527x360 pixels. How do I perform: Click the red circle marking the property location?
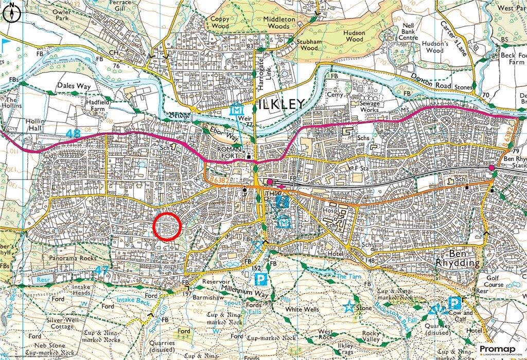pyautogui.click(x=167, y=226)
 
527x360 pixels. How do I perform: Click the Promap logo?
pyautogui.click(x=501, y=349)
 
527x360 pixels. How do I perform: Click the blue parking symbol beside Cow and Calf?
pyautogui.click(x=454, y=303)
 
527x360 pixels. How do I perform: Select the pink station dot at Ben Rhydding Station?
pyautogui.click(x=491, y=168)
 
